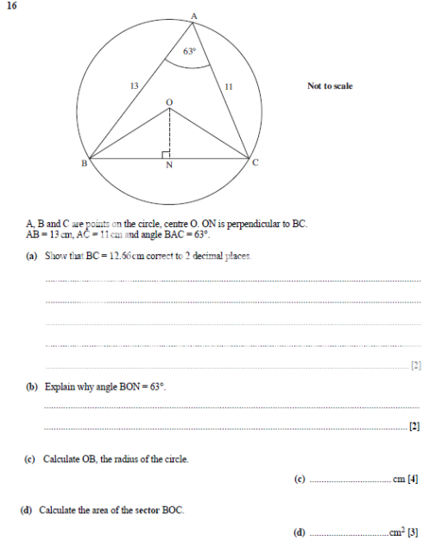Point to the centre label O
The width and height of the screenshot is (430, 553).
coord(169,102)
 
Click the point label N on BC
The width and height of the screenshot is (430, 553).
coord(169,168)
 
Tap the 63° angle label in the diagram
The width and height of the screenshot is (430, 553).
coord(190,51)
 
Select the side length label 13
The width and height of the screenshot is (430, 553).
coord(134,86)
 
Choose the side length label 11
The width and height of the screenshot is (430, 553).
coord(228,86)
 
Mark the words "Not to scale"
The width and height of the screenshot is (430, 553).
coord(330,86)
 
